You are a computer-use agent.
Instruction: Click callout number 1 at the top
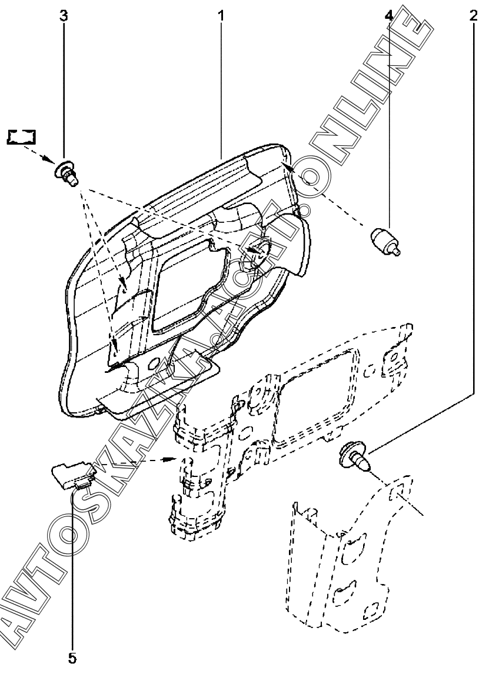tap(221, 16)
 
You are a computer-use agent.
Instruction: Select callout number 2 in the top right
tap(473, 16)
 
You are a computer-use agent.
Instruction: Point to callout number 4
tap(388, 16)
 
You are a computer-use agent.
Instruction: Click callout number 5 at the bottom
tap(72, 657)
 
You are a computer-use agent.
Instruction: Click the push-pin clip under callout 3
tap(67, 173)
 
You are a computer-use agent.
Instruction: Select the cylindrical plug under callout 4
tap(386, 242)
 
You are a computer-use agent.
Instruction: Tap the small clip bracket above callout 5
tap(73, 475)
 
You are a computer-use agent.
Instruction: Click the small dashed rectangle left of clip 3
tap(22, 136)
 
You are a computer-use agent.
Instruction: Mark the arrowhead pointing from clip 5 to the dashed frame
tap(169, 459)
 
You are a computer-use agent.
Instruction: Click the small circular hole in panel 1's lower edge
tap(152, 364)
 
